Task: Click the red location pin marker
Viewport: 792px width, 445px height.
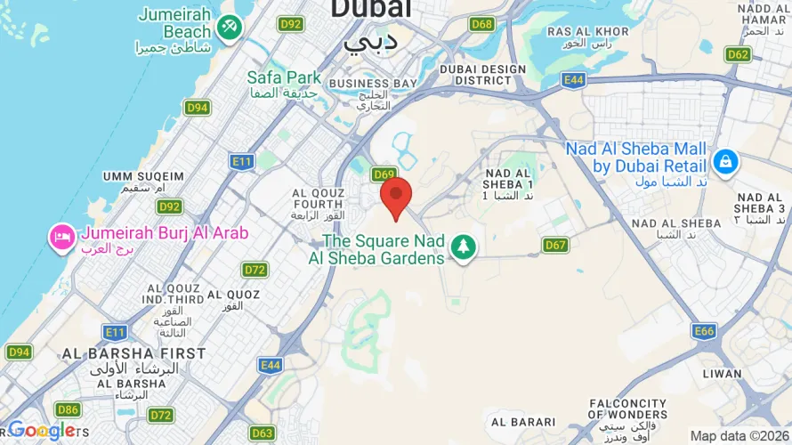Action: (396, 196)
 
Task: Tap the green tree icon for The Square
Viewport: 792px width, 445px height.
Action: (462, 247)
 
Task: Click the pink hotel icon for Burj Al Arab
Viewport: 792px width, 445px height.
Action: (62, 238)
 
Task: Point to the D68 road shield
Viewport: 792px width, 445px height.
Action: (482, 24)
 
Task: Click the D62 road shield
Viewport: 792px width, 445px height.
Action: (738, 54)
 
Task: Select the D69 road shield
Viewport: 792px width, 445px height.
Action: (384, 174)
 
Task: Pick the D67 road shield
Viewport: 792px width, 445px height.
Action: (555, 245)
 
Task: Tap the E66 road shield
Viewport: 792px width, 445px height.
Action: (704, 331)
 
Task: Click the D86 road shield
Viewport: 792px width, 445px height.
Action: (67, 409)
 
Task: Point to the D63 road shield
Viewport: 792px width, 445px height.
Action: (262, 433)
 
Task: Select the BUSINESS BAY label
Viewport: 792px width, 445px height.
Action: (372, 84)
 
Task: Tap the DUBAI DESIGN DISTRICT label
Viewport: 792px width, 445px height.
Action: (482, 74)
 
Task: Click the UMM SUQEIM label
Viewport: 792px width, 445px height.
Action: (142, 176)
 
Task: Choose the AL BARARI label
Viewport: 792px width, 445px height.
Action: (523, 422)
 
